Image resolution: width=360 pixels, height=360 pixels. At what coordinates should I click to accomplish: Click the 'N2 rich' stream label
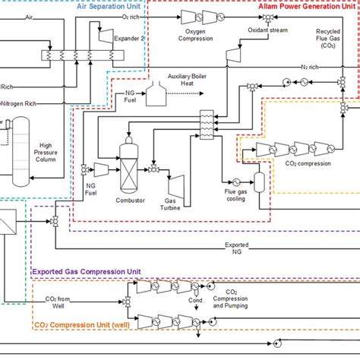tap(309, 67)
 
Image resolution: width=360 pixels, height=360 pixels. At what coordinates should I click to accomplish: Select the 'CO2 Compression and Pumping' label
tap(232, 298)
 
